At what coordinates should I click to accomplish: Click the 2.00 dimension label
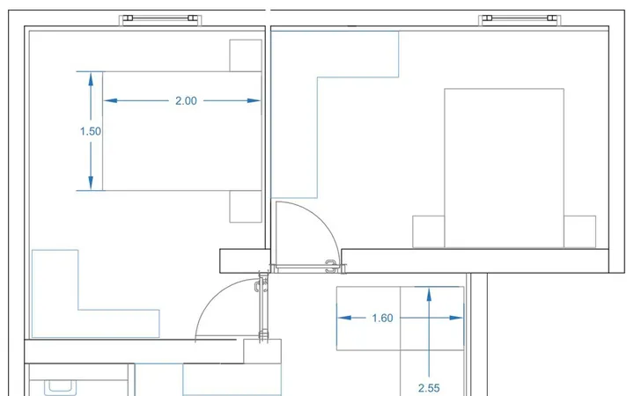(x=186, y=100)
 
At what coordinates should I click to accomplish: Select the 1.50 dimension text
(x=91, y=131)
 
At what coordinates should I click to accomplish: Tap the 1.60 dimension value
(x=382, y=318)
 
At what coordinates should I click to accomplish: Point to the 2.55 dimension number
(x=429, y=388)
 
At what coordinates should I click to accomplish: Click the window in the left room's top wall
(x=160, y=19)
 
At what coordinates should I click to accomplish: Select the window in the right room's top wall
(x=520, y=19)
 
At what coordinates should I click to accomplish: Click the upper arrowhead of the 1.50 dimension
(x=91, y=79)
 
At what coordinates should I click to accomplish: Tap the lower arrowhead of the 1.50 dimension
(x=91, y=183)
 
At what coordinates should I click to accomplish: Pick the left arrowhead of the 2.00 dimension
(x=111, y=100)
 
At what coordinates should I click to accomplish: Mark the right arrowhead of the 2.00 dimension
(x=254, y=100)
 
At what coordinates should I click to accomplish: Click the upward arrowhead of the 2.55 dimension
(x=429, y=294)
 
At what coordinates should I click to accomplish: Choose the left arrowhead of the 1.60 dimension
(x=344, y=318)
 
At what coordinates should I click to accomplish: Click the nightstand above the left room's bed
(x=246, y=55)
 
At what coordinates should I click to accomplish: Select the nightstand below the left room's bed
(x=246, y=207)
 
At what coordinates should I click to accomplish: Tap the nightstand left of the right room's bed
(x=428, y=231)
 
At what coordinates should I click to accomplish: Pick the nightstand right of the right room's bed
(x=579, y=231)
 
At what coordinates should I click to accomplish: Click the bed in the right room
(x=505, y=168)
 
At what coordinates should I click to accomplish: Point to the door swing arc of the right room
(x=322, y=220)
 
